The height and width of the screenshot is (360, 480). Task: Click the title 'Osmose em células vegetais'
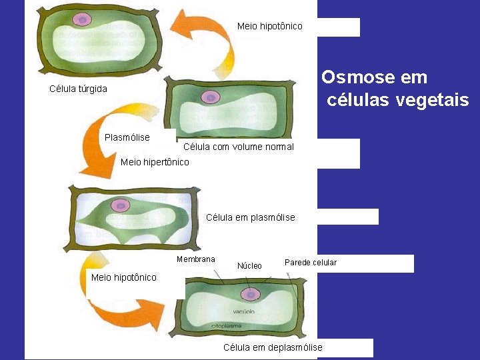(x=396, y=89)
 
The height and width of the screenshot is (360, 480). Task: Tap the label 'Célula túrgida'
(x=78, y=89)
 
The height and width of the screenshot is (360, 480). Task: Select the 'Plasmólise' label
(x=127, y=137)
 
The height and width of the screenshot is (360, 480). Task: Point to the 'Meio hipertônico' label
(x=155, y=162)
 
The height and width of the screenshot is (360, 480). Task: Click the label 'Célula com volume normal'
(x=238, y=147)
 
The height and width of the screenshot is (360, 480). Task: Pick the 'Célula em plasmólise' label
(x=250, y=217)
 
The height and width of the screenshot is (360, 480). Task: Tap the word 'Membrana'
(x=196, y=259)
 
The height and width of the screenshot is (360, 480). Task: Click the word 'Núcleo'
(x=249, y=266)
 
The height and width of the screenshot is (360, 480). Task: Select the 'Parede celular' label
(x=311, y=263)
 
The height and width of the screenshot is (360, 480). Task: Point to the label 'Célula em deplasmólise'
(x=273, y=347)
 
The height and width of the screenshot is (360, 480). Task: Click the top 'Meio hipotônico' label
(x=269, y=26)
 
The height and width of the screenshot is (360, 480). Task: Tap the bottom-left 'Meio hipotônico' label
(x=123, y=277)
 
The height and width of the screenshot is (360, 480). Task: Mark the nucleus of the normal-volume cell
(x=211, y=97)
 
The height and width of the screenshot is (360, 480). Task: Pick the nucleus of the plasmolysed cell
(x=120, y=206)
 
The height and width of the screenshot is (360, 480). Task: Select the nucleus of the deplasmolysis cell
(x=251, y=294)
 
